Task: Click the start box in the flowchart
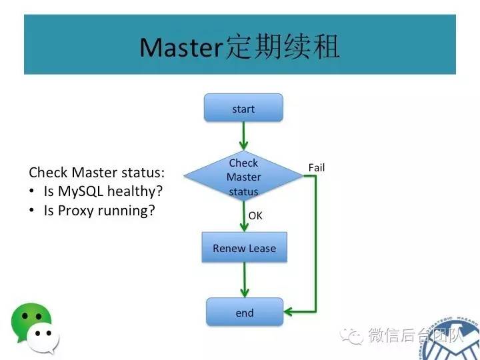click(x=243, y=108)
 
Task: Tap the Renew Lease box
click(x=244, y=248)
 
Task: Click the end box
click(x=244, y=312)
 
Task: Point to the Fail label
click(x=317, y=167)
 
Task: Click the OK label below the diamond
click(x=255, y=216)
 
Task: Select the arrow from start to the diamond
click(x=244, y=137)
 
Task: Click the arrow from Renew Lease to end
click(x=245, y=279)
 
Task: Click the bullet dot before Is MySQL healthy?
click(x=32, y=192)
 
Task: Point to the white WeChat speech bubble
click(x=45, y=339)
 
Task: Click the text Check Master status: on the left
click(x=96, y=173)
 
